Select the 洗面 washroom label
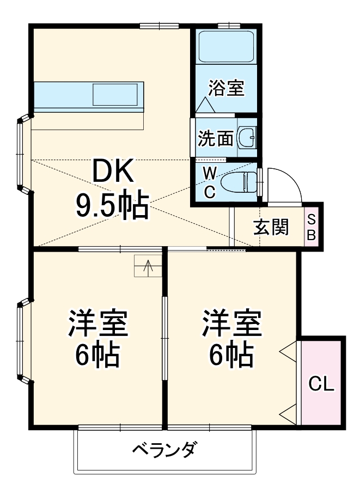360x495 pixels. click(215, 138)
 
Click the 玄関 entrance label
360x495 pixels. click(271, 227)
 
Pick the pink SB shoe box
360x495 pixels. click(312, 227)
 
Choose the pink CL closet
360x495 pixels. click(321, 383)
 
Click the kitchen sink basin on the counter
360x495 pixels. click(115, 95)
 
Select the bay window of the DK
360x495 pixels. click(22, 154)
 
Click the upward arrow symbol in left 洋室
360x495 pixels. click(149, 266)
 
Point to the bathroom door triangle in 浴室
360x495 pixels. click(205, 105)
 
